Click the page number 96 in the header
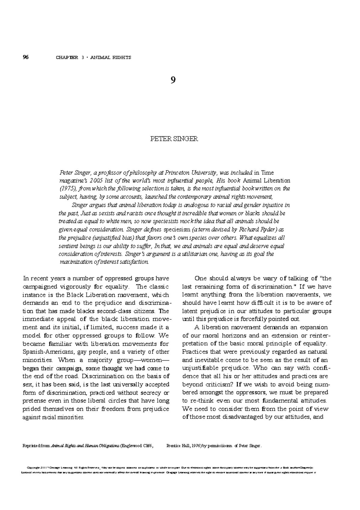pyautogui.click(x=25, y=57)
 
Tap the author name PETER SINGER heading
pyautogui.click(x=174, y=139)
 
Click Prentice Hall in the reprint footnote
pyautogui.click(x=179, y=446)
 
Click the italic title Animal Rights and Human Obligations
pyautogui.click(x=85, y=446)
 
